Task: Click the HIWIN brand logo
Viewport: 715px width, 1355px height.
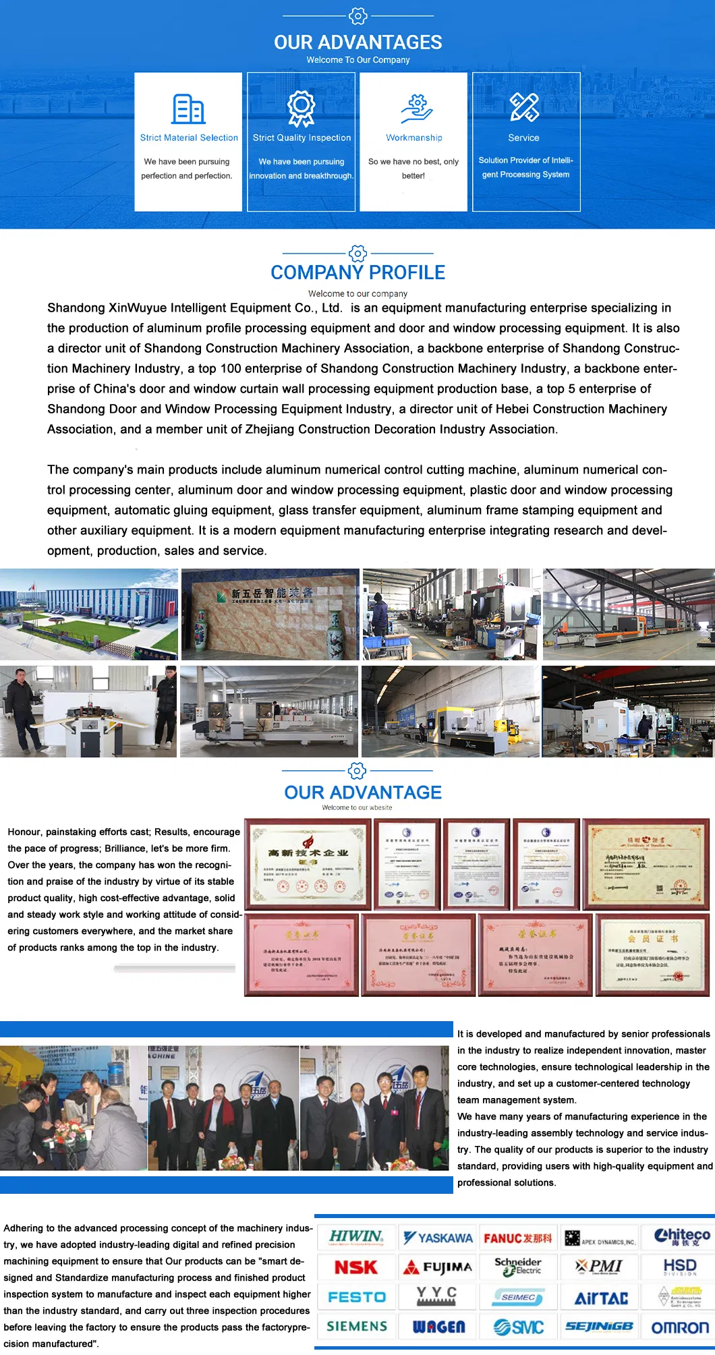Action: [356, 1237]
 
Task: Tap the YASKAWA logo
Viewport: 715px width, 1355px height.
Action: [438, 1238]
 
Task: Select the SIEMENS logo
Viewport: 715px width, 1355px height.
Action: [357, 1326]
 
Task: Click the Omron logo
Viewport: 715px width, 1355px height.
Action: [680, 1327]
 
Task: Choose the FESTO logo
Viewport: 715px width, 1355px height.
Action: [357, 1296]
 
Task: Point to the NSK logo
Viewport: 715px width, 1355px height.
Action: [356, 1267]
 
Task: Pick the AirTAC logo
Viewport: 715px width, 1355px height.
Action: [600, 1298]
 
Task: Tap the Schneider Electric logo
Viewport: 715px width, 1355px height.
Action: [518, 1267]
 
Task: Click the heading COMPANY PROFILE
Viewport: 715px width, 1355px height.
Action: [357, 272]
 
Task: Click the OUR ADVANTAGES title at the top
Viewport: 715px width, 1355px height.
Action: [357, 42]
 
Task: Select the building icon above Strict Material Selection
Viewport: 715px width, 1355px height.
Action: [188, 109]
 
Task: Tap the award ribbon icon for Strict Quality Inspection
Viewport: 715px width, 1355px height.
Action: [302, 109]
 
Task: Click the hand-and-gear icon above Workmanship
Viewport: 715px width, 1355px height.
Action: [416, 109]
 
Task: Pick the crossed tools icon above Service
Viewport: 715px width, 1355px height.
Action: [524, 107]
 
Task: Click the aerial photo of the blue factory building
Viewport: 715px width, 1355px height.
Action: [89, 614]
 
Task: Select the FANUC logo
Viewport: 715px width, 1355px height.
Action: [517, 1238]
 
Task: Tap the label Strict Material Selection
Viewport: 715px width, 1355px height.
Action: [189, 138]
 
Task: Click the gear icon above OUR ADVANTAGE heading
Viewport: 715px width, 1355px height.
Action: [357, 770]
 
